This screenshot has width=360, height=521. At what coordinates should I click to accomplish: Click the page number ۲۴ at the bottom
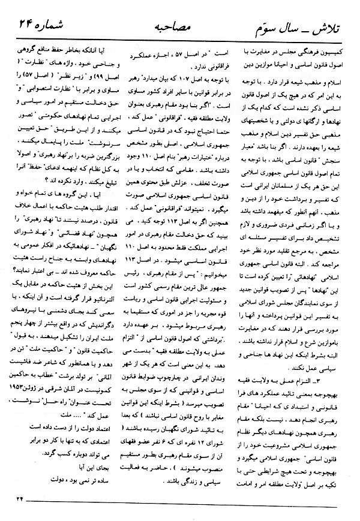point(22,511)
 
